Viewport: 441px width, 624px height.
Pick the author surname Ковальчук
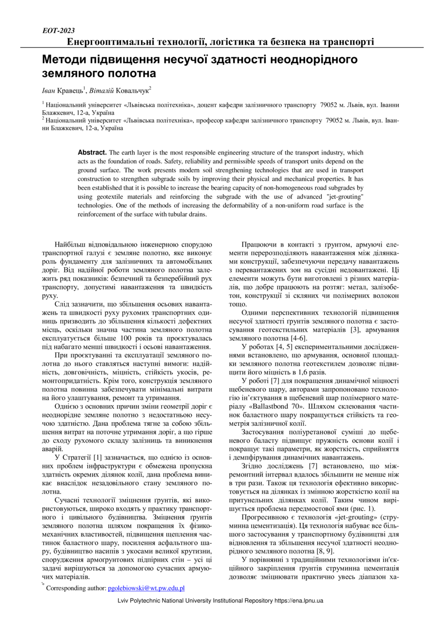click(132, 91)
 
